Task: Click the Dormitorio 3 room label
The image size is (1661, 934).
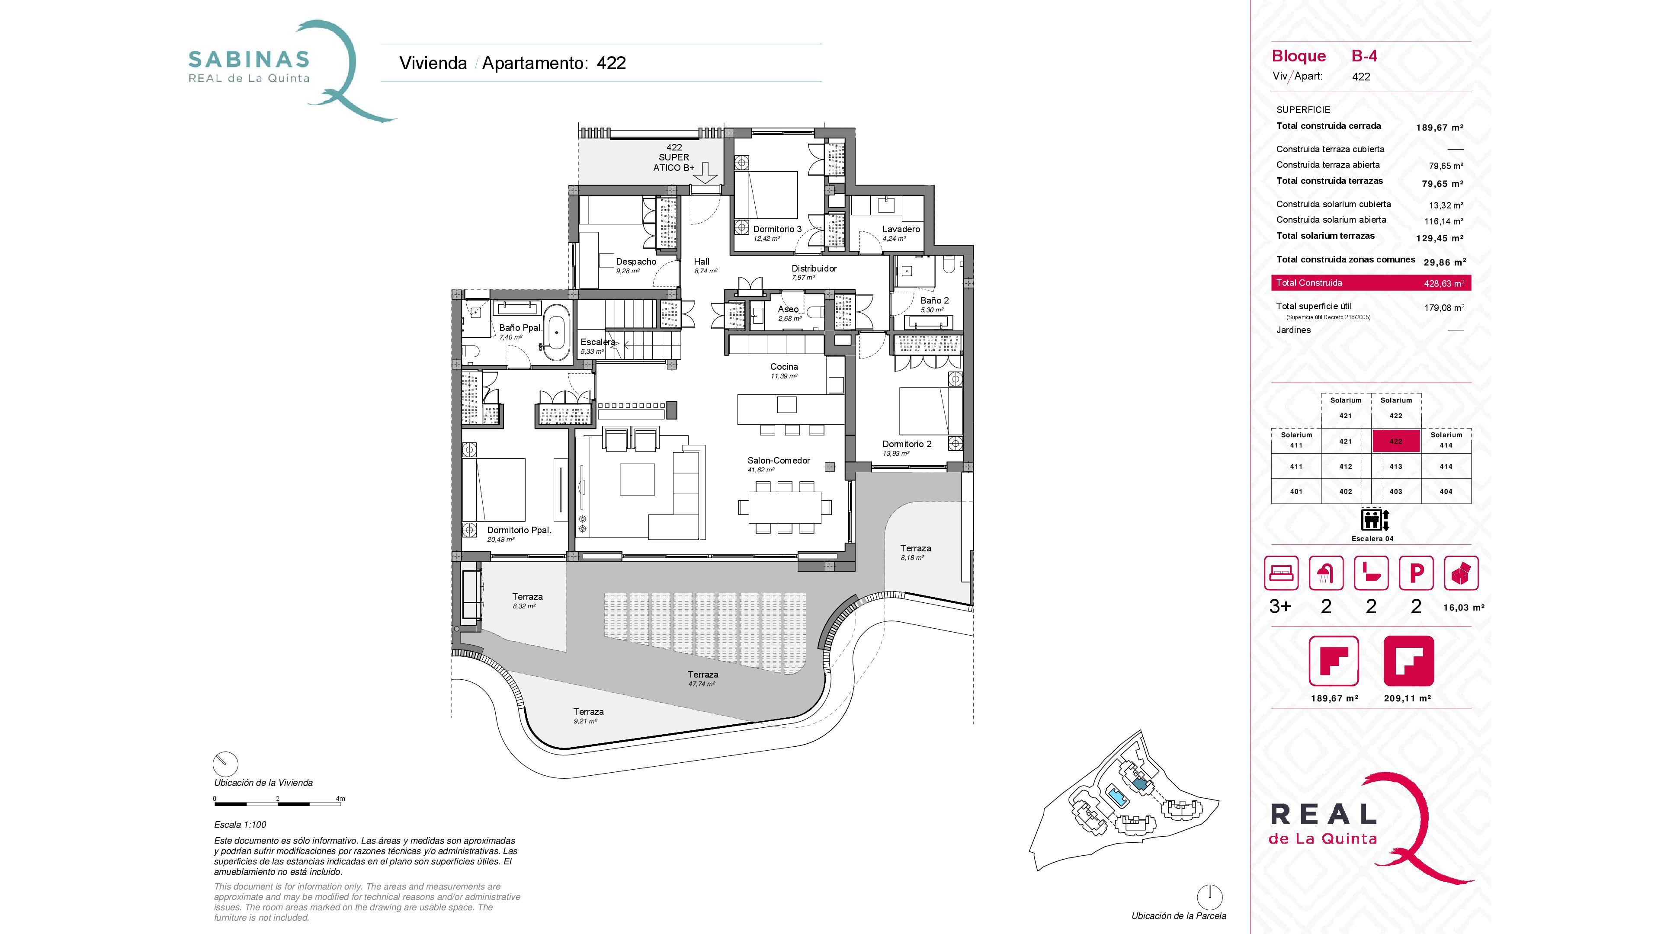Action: point(777,229)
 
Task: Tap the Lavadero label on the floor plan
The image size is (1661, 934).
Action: point(901,229)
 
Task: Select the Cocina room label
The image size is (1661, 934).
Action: point(784,367)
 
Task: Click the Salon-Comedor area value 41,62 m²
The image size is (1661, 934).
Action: point(761,470)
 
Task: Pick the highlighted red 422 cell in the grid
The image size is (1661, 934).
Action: point(1396,441)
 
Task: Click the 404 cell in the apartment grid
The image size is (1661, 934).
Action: point(1446,491)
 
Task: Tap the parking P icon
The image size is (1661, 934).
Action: point(1416,573)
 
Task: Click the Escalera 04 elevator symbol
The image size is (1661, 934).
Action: point(1375,519)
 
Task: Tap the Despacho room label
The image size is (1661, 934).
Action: point(636,262)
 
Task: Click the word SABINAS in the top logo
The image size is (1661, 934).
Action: point(249,60)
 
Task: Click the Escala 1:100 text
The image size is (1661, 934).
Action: point(240,825)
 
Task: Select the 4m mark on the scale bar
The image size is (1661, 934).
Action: point(340,799)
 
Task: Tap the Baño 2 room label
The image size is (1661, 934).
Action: point(934,301)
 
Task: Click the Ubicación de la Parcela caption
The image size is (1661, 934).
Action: point(1179,916)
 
